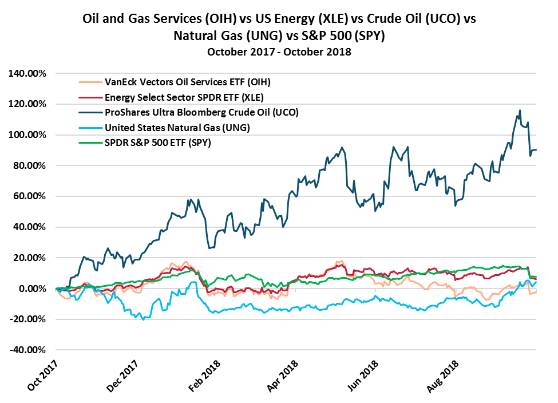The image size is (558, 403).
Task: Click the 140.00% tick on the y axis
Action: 27,73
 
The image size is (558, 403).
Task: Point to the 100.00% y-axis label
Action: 27,135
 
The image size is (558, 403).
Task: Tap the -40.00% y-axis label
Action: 27,350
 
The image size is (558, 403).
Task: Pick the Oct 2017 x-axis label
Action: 43,375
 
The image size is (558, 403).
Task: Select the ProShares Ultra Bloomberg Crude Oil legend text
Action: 177,112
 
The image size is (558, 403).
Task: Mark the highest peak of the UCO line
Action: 520,110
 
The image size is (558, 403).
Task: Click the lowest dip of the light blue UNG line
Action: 143,319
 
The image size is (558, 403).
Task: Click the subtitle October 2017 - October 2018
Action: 279,52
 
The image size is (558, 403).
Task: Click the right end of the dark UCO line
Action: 536,149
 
